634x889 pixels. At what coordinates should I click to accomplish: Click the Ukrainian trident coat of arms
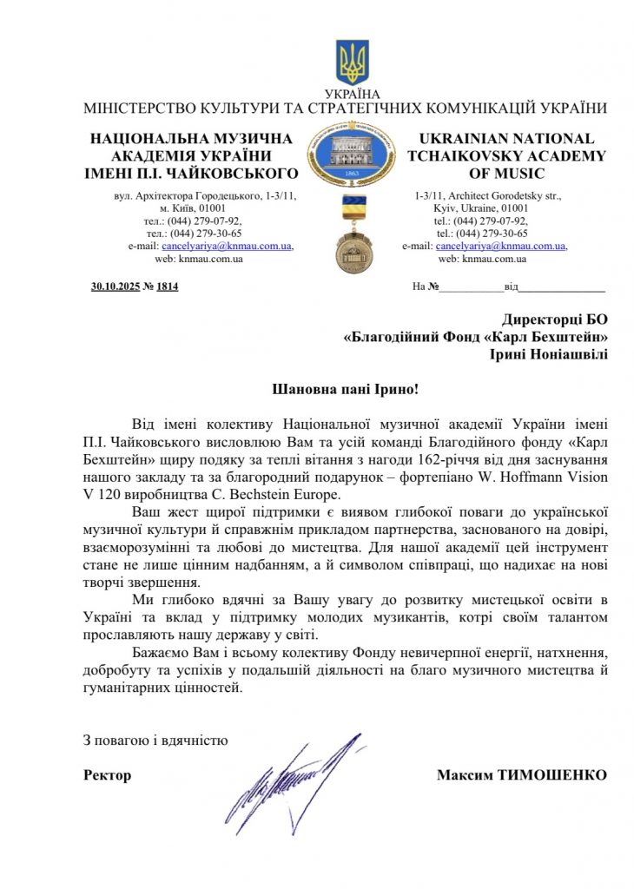tap(352, 62)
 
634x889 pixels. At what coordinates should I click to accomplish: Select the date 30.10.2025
tap(115, 286)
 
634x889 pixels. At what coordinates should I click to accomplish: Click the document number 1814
tap(168, 286)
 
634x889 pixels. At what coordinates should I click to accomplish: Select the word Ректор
tap(108, 775)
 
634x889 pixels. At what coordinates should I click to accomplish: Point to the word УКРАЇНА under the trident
tap(352, 94)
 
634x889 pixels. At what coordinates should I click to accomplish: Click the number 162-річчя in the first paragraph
tap(403, 458)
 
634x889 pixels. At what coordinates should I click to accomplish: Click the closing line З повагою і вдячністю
tap(155, 741)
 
